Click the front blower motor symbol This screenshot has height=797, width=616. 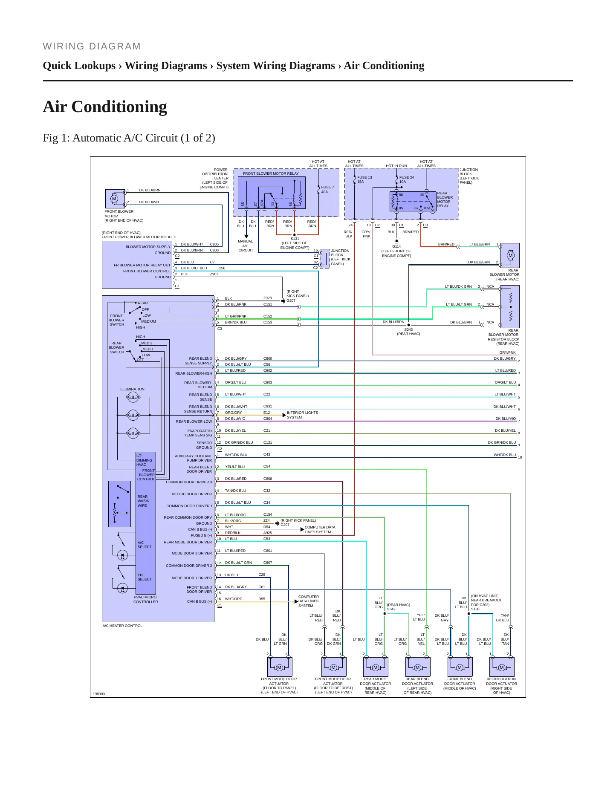click(114, 199)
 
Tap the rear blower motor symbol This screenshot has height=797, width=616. click(510, 256)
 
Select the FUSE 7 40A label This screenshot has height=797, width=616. click(327, 190)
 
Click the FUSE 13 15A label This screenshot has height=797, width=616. click(364, 179)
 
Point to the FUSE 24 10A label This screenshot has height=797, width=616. click(407, 179)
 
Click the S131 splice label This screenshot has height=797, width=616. click(295, 239)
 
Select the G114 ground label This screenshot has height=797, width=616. click(396, 246)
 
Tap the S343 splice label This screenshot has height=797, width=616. click(408, 329)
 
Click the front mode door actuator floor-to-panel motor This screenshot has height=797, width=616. click(279, 667)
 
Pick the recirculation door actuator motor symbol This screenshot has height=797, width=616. click(502, 667)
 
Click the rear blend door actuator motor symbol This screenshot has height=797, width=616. click(417, 667)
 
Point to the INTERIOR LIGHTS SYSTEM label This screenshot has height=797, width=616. click(302, 415)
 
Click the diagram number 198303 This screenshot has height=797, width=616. click(99, 694)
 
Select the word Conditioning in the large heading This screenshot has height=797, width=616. click(119, 107)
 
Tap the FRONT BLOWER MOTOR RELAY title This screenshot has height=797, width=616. click(271, 173)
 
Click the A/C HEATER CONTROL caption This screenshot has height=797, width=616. click(122, 626)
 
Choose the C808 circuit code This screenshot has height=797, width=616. click(268, 479)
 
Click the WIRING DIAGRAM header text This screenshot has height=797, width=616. click(92, 46)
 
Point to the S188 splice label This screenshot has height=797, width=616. click(475, 609)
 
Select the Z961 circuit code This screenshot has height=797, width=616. click(214, 274)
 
